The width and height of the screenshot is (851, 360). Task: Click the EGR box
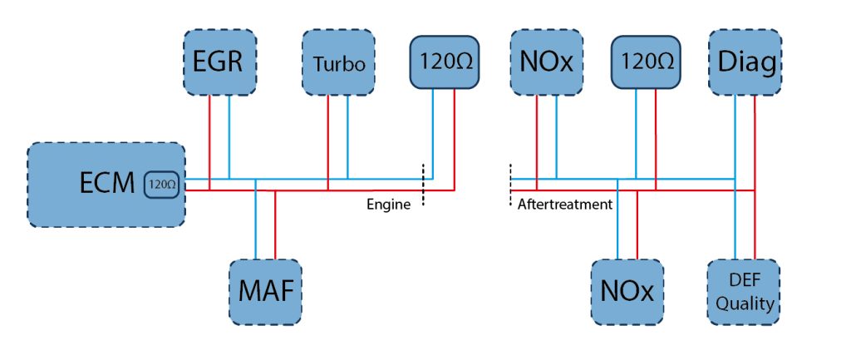point(219,62)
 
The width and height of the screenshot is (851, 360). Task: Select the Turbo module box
point(338,62)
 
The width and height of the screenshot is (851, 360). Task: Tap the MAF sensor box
point(265,292)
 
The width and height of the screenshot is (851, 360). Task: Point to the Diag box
point(745,62)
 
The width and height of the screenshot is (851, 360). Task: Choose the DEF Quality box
point(744,292)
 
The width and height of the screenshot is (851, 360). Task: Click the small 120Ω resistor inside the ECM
point(162,184)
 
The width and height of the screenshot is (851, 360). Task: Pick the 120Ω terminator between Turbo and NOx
point(444,62)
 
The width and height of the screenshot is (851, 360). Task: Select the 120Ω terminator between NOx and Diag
point(646,62)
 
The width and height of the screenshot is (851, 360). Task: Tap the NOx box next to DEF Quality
point(627,292)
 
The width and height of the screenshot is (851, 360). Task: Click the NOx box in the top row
point(547,62)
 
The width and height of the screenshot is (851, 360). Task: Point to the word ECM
point(107,184)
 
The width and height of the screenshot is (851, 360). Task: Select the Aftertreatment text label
point(565,205)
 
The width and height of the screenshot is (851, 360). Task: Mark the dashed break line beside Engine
point(423,185)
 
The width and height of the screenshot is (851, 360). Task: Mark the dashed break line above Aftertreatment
point(510,185)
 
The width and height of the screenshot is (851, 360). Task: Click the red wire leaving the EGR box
point(209,143)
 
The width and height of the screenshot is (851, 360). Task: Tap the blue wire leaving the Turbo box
point(347,137)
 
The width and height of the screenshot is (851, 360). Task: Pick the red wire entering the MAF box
point(275,224)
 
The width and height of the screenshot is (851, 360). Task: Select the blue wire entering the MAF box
point(255,219)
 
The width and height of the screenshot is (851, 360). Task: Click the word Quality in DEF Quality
point(744,303)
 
